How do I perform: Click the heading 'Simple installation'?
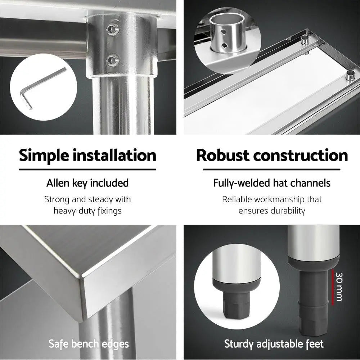coord(87,156)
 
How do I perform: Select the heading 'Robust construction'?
coord(272,156)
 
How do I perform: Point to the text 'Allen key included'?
coord(87,183)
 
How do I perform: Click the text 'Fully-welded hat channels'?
coord(272,183)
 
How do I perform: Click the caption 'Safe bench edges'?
coord(89,344)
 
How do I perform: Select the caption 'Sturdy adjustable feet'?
coord(274,344)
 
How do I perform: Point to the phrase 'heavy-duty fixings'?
coord(87,211)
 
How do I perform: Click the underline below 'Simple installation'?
coord(87,170)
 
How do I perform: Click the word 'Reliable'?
coord(237,199)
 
